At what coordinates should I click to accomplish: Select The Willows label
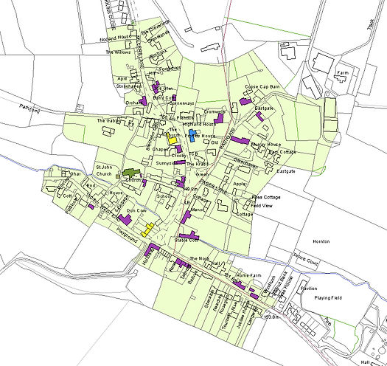point(118,53)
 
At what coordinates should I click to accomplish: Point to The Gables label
point(108,120)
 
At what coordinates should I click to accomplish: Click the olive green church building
point(132,173)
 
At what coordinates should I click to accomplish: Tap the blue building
point(192,136)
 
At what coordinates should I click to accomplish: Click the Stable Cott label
point(186,241)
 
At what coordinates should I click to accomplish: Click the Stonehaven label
point(128,86)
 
